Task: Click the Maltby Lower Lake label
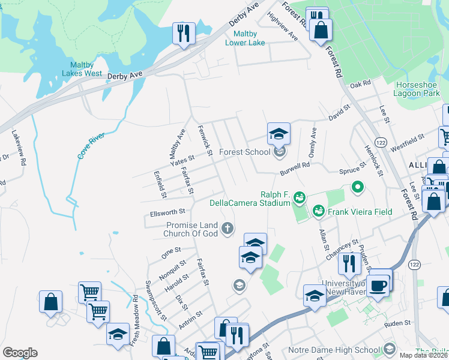(x=245, y=38)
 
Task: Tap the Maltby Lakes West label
(x=82, y=69)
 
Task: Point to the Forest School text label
(x=244, y=152)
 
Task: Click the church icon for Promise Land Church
(x=227, y=228)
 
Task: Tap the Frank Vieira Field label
(x=358, y=212)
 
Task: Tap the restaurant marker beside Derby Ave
(x=183, y=34)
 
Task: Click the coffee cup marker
(x=378, y=285)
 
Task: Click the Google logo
(x=20, y=353)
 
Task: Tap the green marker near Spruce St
(x=358, y=188)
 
